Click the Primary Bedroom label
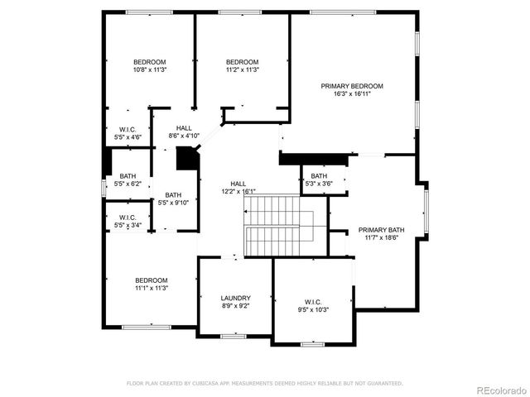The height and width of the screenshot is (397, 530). pos(352,86)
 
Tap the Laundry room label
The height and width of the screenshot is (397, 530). pos(235,298)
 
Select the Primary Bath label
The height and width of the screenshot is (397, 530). pos(381,229)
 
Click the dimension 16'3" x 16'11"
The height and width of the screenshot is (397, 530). pos(352,94)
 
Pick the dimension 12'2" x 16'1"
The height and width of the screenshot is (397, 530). pos(238,191)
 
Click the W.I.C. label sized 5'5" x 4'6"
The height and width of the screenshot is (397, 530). pos(128,129)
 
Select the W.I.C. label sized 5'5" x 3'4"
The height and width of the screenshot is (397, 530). pos(128,218)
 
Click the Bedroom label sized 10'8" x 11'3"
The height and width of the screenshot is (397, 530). pos(150,62)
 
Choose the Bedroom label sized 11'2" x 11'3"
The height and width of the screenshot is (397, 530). pos(243,62)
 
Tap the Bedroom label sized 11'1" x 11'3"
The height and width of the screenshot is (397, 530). pos(152,280)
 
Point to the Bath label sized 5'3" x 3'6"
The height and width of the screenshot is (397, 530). pos(319,176)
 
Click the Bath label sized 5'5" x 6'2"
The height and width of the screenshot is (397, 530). pos(128,175)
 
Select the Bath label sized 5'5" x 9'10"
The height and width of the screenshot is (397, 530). pos(173,195)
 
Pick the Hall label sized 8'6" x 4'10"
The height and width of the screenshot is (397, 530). pos(185,128)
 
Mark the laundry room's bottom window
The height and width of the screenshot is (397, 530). pos(234,336)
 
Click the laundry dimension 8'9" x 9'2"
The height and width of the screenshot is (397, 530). pos(235,306)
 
